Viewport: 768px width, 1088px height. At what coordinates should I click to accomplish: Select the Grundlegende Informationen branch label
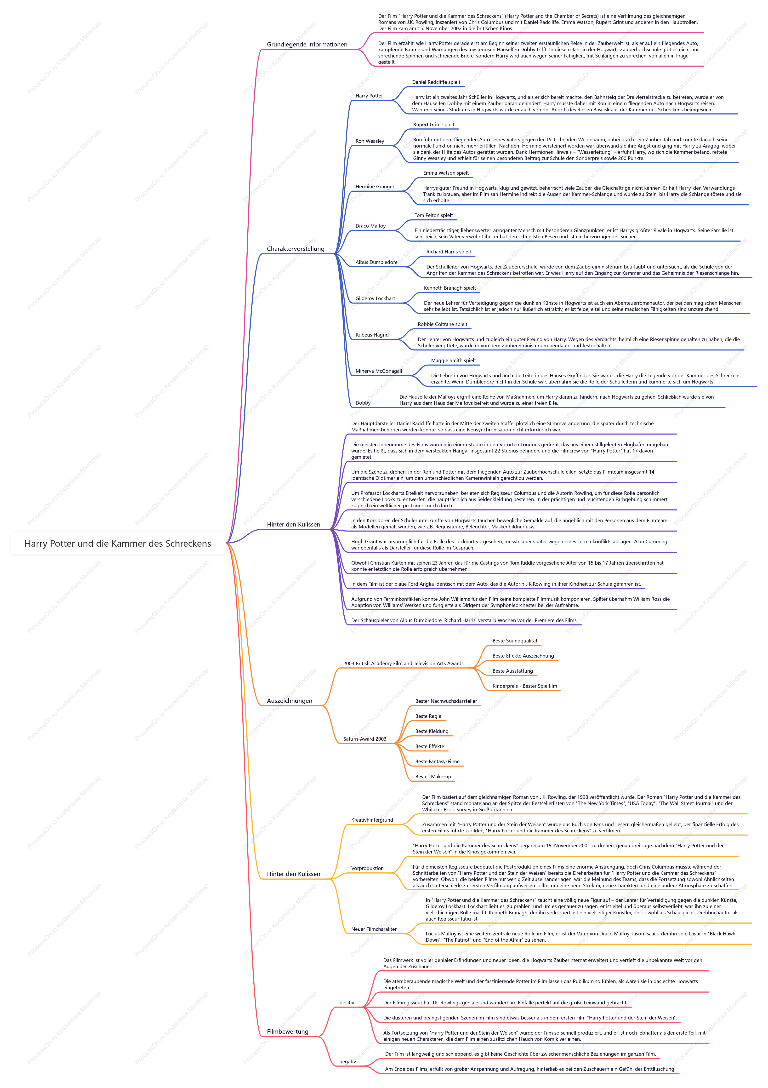307,45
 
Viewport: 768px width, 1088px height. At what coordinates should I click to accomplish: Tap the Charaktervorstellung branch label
296,249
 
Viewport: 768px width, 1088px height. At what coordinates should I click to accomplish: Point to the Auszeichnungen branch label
290,701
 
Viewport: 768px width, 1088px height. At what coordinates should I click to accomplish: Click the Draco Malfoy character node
370,226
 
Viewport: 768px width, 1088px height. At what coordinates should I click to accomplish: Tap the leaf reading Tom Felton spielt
433,215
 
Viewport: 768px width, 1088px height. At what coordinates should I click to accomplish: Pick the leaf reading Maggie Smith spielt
453,361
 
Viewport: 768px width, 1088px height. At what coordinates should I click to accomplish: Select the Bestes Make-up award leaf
433,777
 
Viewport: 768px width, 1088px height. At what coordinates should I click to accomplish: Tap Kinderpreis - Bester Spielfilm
524,686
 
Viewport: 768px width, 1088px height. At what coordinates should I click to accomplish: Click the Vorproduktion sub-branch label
367,869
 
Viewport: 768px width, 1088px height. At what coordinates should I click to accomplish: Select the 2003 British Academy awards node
403,664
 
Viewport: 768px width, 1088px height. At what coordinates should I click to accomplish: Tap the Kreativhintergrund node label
372,820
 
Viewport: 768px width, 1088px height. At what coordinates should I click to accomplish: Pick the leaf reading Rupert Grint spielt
433,125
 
